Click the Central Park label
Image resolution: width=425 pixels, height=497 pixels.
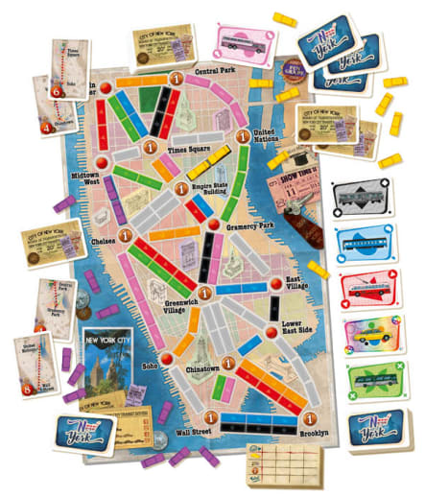pyautogui.click(x=217, y=71)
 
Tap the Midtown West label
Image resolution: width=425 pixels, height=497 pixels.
pyautogui.click(x=91, y=179)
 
